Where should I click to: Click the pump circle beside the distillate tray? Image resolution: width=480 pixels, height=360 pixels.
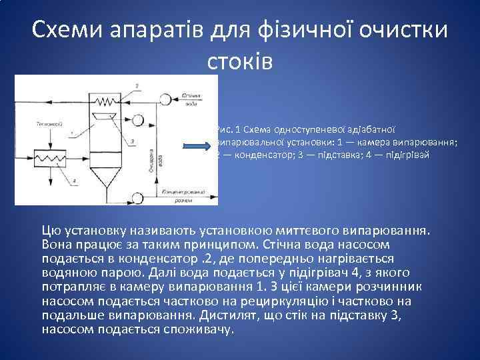click(139, 121)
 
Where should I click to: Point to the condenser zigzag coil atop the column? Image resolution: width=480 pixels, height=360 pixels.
click(103, 102)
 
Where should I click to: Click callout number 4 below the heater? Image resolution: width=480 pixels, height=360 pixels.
click(75, 181)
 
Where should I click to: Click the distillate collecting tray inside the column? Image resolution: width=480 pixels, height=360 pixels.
click(105, 117)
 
